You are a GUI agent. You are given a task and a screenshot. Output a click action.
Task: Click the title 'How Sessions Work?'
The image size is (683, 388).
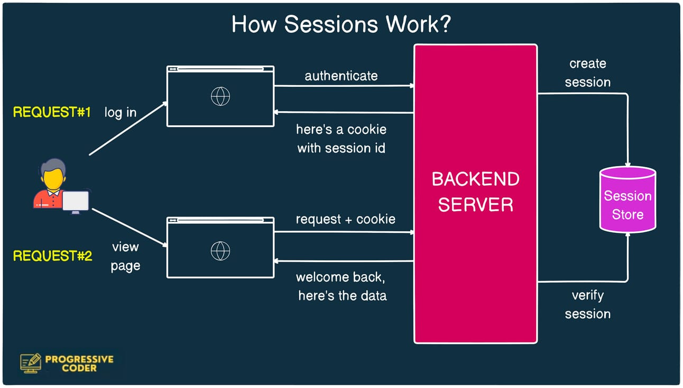point(341,25)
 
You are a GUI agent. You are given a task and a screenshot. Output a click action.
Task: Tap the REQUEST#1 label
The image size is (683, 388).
point(52,112)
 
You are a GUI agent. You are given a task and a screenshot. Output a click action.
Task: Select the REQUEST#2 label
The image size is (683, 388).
point(52,256)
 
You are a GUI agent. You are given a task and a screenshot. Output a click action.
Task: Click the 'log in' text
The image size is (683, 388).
point(121,112)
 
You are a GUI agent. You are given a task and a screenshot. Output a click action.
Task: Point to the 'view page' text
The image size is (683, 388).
point(125,257)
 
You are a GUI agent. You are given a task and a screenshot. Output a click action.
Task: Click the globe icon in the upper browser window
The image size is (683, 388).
point(220,96)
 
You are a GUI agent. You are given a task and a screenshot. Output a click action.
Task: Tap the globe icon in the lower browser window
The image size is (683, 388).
point(220,250)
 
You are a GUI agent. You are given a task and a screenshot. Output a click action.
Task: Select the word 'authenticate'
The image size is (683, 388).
point(341,76)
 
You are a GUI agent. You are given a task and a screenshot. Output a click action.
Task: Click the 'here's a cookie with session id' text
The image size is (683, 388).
point(341,139)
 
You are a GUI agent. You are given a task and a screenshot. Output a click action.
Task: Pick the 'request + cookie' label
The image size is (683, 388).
point(345,219)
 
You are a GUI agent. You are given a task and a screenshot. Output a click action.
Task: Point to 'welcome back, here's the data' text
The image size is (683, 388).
point(342,286)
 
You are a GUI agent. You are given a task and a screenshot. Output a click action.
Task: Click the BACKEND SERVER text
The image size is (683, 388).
point(475,192)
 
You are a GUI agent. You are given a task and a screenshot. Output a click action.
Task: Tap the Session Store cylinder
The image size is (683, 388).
point(627,201)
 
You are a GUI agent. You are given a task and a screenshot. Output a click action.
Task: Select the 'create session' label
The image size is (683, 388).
point(587,73)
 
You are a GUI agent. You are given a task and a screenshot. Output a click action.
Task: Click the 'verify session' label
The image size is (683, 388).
point(587,304)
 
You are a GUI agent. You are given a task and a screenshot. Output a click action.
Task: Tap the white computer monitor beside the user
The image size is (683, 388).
point(75,201)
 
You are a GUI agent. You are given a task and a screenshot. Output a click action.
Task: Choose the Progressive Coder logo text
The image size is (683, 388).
point(79,363)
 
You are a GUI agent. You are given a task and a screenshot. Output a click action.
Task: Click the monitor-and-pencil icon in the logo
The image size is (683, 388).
point(31,363)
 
